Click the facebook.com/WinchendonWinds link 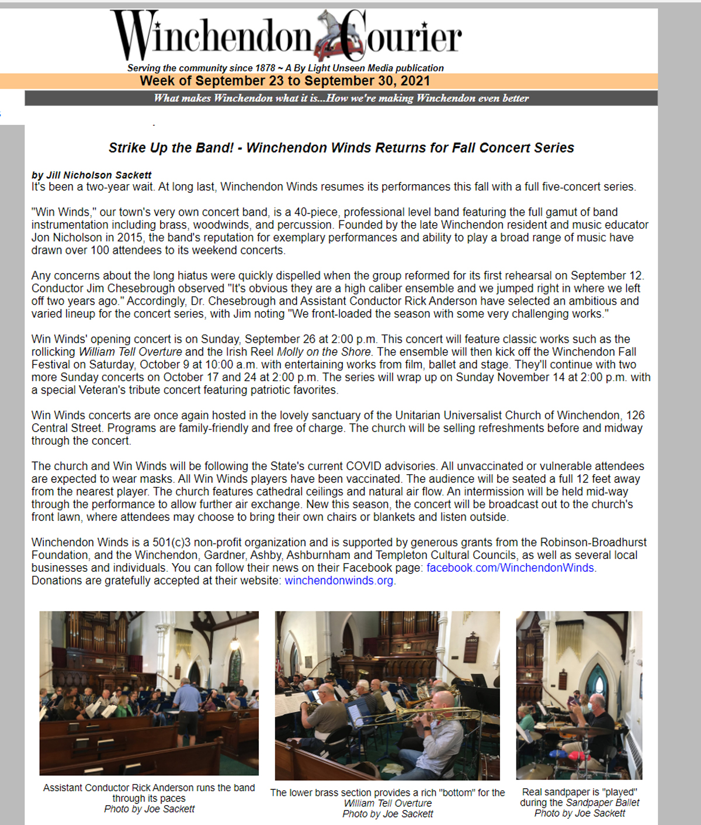coord(511,568)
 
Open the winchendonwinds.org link coord(339,581)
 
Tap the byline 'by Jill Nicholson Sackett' coord(91,175)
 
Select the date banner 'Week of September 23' coord(284,81)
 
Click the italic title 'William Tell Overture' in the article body coord(130,352)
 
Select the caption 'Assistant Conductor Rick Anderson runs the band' coord(149,788)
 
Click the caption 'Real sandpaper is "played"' coord(579,792)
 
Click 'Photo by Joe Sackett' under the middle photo coord(388,814)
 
